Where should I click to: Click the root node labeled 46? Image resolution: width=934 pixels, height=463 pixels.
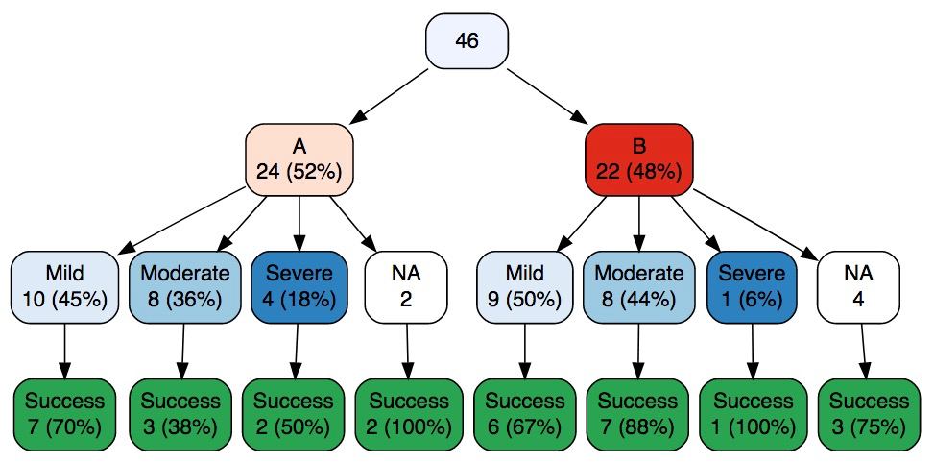coord(467,40)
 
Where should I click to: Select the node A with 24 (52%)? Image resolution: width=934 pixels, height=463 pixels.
coord(299,160)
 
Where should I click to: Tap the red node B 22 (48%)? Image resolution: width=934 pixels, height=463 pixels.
coord(639,160)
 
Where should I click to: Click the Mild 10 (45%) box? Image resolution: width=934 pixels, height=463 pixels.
coord(65,287)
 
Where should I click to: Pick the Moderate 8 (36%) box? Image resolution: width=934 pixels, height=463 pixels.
coord(184,287)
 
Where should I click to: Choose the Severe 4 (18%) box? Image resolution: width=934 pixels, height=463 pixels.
coord(299,287)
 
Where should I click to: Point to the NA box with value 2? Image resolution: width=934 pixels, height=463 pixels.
coord(406,287)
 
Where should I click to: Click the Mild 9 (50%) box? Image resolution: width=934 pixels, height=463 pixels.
coord(525,287)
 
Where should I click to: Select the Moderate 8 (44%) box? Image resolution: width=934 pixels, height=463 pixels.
coord(639,287)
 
